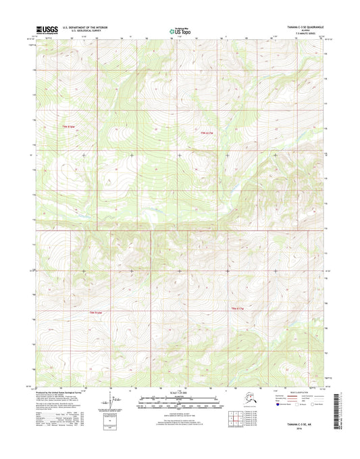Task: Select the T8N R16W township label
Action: click(99, 312)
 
